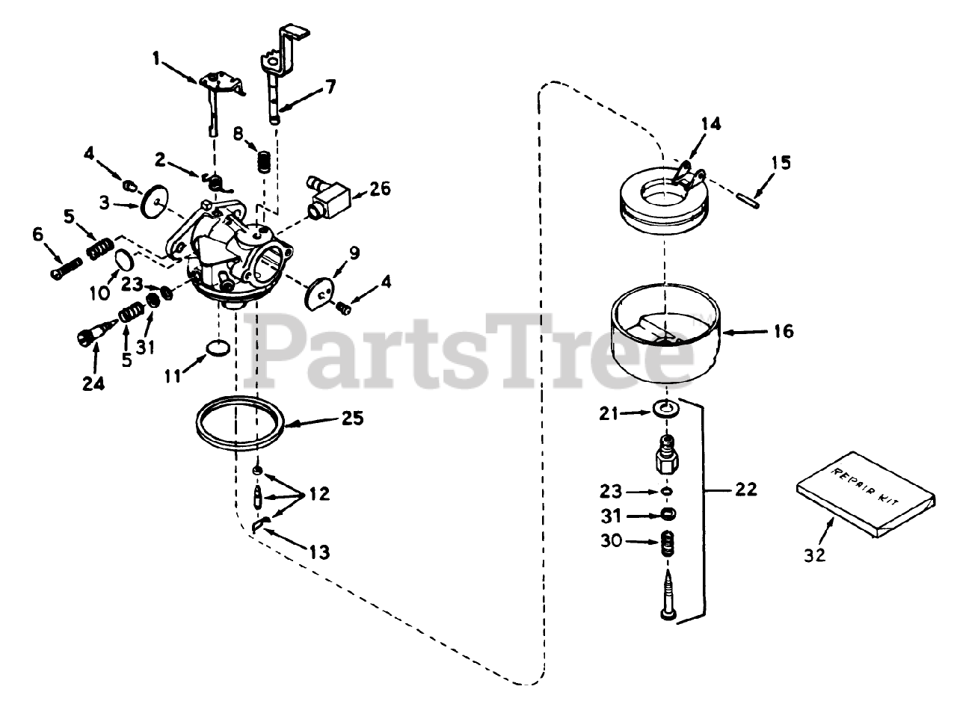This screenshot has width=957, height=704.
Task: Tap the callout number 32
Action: pos(816,555)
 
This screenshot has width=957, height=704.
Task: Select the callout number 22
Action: pos(745,490)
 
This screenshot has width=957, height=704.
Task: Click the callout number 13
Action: pos(319,552)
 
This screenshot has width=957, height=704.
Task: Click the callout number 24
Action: pos(93,383)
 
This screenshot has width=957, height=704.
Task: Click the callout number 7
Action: pos(329,87)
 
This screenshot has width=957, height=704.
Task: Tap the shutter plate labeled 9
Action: pos(319,292)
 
